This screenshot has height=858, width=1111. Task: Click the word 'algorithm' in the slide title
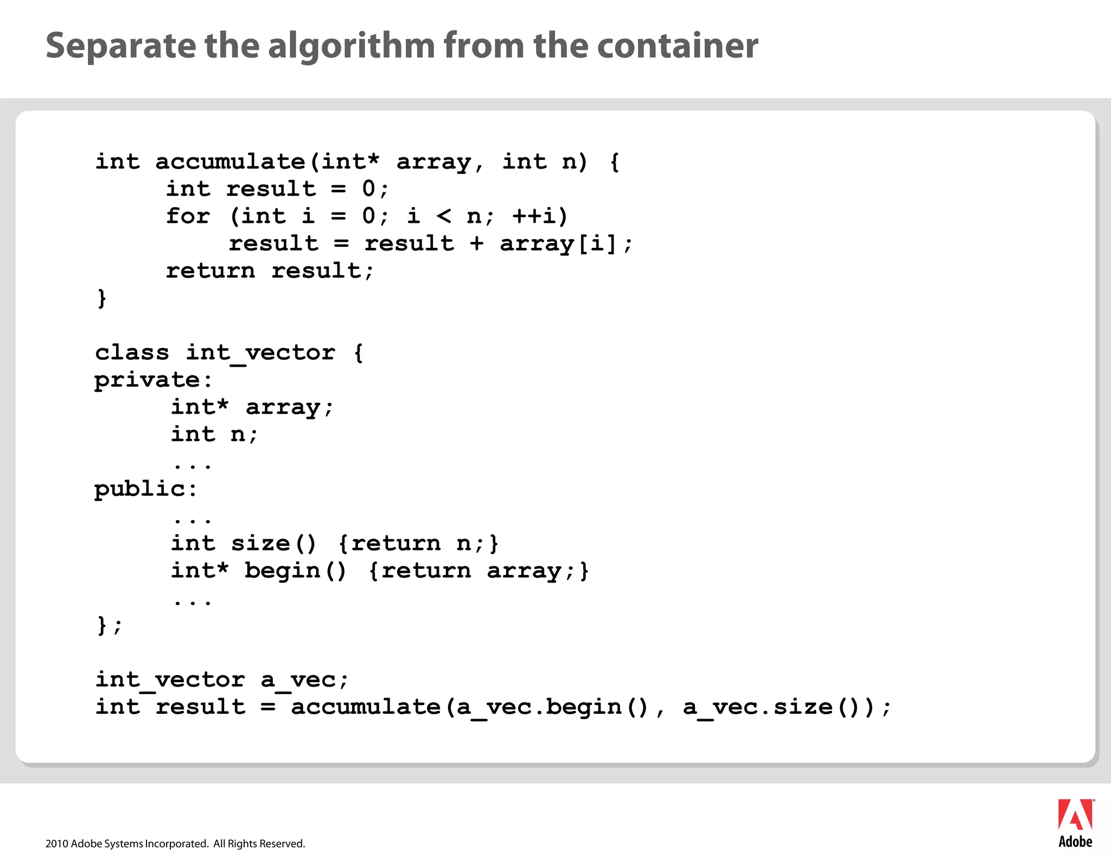351,46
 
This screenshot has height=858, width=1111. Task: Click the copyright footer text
175,843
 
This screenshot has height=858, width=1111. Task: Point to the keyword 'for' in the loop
188,216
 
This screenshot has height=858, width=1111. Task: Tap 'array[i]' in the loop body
559,244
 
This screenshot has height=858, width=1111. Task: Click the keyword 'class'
132,353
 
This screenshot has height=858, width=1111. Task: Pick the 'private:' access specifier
153,380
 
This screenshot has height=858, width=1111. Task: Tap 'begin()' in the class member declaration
295,571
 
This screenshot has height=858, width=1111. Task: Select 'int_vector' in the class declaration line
260,353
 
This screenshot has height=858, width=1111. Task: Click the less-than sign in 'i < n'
444,216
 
